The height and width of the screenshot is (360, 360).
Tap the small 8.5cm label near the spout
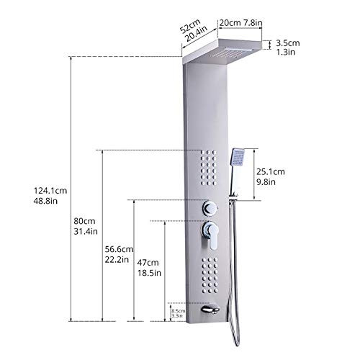click(x=177, y=310)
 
